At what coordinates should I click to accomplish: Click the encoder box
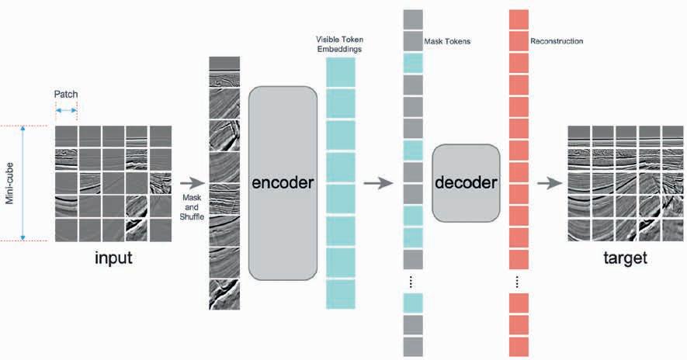click(x=283, y=183)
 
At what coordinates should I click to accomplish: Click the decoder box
click(x=465, y=183)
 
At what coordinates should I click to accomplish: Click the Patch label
click(x=65, y=95)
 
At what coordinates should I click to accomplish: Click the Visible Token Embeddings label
click(x=340, y=43)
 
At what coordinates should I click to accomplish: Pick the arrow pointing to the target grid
click(x=550, y=184)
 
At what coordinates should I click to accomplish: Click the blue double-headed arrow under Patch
click(x=66, y=110)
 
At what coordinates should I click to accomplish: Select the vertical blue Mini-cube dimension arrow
click(x=23, y=183)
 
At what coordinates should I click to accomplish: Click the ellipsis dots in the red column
click(x=518, y=281)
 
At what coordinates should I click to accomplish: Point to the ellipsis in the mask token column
click(x=413, y=281)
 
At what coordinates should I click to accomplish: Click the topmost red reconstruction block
click(x=518, y=19)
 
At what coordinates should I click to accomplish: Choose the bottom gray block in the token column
click(x=413, y=346)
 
